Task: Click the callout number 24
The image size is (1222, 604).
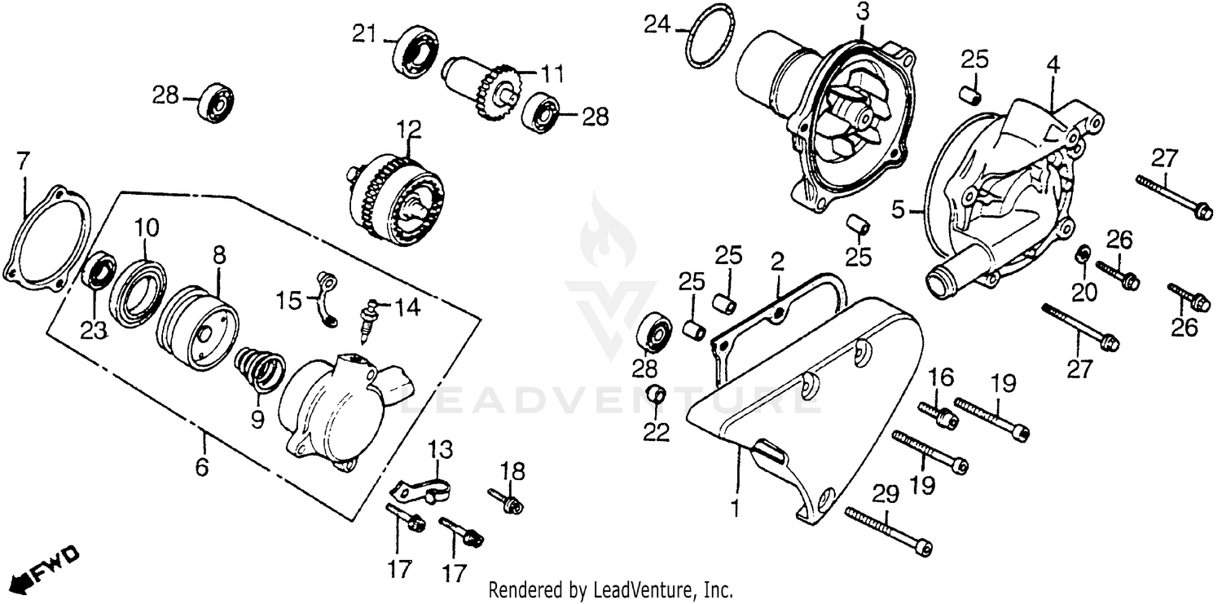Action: click(x=657, y=24)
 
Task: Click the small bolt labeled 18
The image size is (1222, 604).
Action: click(x=507, y=501)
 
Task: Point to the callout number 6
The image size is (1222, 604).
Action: click(x=202, y=467)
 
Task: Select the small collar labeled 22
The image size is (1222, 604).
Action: click(x=656, y=397)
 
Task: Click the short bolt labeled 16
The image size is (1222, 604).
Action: click(x=937, y=413)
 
